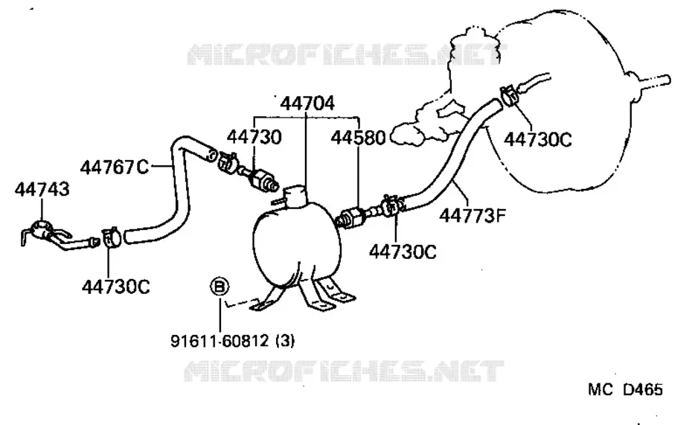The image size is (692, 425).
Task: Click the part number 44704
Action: point(307,103)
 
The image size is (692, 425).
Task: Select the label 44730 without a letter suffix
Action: point(254,137)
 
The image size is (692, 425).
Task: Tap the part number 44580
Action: point(358,138)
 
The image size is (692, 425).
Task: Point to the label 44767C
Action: point(115,167)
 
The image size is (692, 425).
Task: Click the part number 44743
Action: point(42,189)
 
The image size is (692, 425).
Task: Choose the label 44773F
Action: point(472,216)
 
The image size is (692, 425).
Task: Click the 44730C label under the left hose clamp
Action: point(115,287)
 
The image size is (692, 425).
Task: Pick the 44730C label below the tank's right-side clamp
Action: point(403,252)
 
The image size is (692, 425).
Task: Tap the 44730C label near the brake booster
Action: point(537,139)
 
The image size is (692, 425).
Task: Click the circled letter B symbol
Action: point(220,287)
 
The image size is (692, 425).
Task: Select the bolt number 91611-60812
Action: point(220,341)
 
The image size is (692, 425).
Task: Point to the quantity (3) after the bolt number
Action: point(285,341)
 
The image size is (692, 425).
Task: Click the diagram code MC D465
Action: point(625,389)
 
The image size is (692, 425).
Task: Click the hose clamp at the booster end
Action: point(508,96)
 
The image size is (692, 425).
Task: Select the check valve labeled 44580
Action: point(351,217)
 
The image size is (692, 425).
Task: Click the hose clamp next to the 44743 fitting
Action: point(111,238)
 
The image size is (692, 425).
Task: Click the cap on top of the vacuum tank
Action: point(295,196)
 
